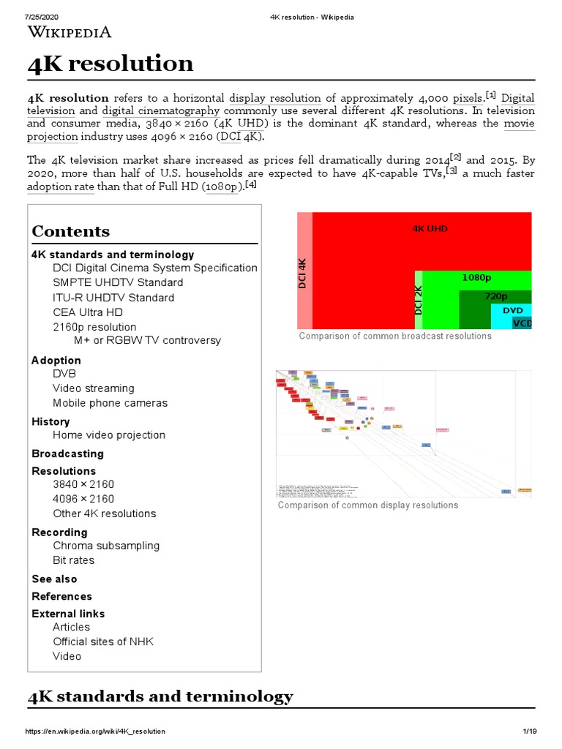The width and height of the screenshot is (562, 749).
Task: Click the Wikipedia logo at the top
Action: coord(70,31)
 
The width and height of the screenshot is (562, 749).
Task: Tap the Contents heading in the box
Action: coord(71,231)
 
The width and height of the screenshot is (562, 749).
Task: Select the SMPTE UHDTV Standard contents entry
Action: coord(118,282)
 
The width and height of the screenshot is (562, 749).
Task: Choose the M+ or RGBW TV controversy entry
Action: coord(147,340)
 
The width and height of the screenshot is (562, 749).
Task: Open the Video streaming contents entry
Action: coord(94,388)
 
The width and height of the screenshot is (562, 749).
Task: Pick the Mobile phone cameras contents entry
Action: coord(110,403)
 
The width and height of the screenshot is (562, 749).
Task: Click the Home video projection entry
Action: coord(109,435)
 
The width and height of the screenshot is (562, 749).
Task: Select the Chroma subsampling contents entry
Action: coord(106,546)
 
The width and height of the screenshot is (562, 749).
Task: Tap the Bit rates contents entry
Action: coord(73,560)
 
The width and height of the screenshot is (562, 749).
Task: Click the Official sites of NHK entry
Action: coord(103,641)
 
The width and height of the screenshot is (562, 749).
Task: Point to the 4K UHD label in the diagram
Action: coord(430,228)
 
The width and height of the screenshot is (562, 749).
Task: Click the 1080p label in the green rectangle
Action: coord(476,278)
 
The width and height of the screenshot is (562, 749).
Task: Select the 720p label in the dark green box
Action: coord(496,296)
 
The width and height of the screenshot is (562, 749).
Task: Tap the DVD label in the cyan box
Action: coord(512,310)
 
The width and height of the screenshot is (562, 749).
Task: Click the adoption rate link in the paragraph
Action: coord(61,187)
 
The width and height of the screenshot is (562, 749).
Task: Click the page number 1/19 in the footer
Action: coord(530,731)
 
